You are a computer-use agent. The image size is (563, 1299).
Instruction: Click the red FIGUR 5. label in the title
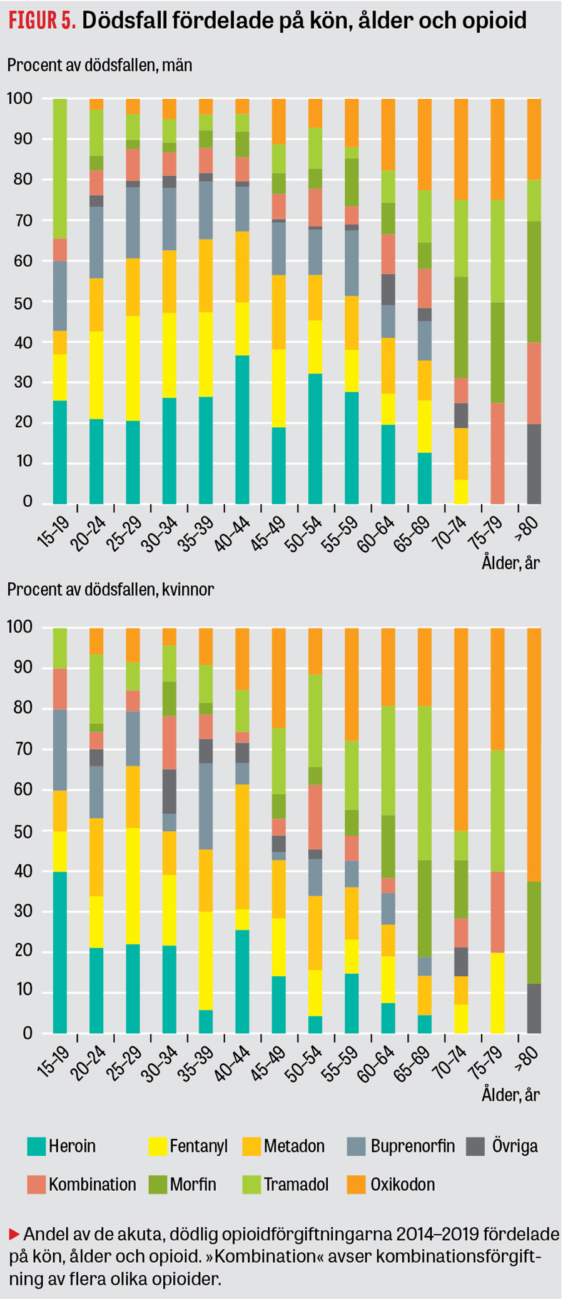click(x=42, y=21)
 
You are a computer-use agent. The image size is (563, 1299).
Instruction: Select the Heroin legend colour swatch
click(x=37, y=1146)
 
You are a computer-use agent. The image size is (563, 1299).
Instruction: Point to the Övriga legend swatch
click(x=476, y=1146)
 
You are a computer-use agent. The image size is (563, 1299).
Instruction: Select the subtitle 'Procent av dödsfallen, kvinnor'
click(x=111, y=590)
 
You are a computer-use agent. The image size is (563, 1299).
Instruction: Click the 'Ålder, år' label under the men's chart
click(x=510, y=563)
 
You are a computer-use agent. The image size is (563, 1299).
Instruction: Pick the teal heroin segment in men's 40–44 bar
click(x=243, y=430)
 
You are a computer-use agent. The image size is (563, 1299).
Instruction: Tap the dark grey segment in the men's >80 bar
click(x=534, y=464)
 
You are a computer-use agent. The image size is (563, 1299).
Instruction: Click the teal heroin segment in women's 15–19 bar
click(x=60, y=952)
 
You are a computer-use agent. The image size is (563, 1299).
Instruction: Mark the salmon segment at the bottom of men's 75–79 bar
click(x=497, y=453)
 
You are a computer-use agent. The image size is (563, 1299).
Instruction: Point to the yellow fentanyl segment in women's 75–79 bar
click(x=497, y=993)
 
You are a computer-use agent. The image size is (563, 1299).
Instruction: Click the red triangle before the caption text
click(x=14, y=1235)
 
